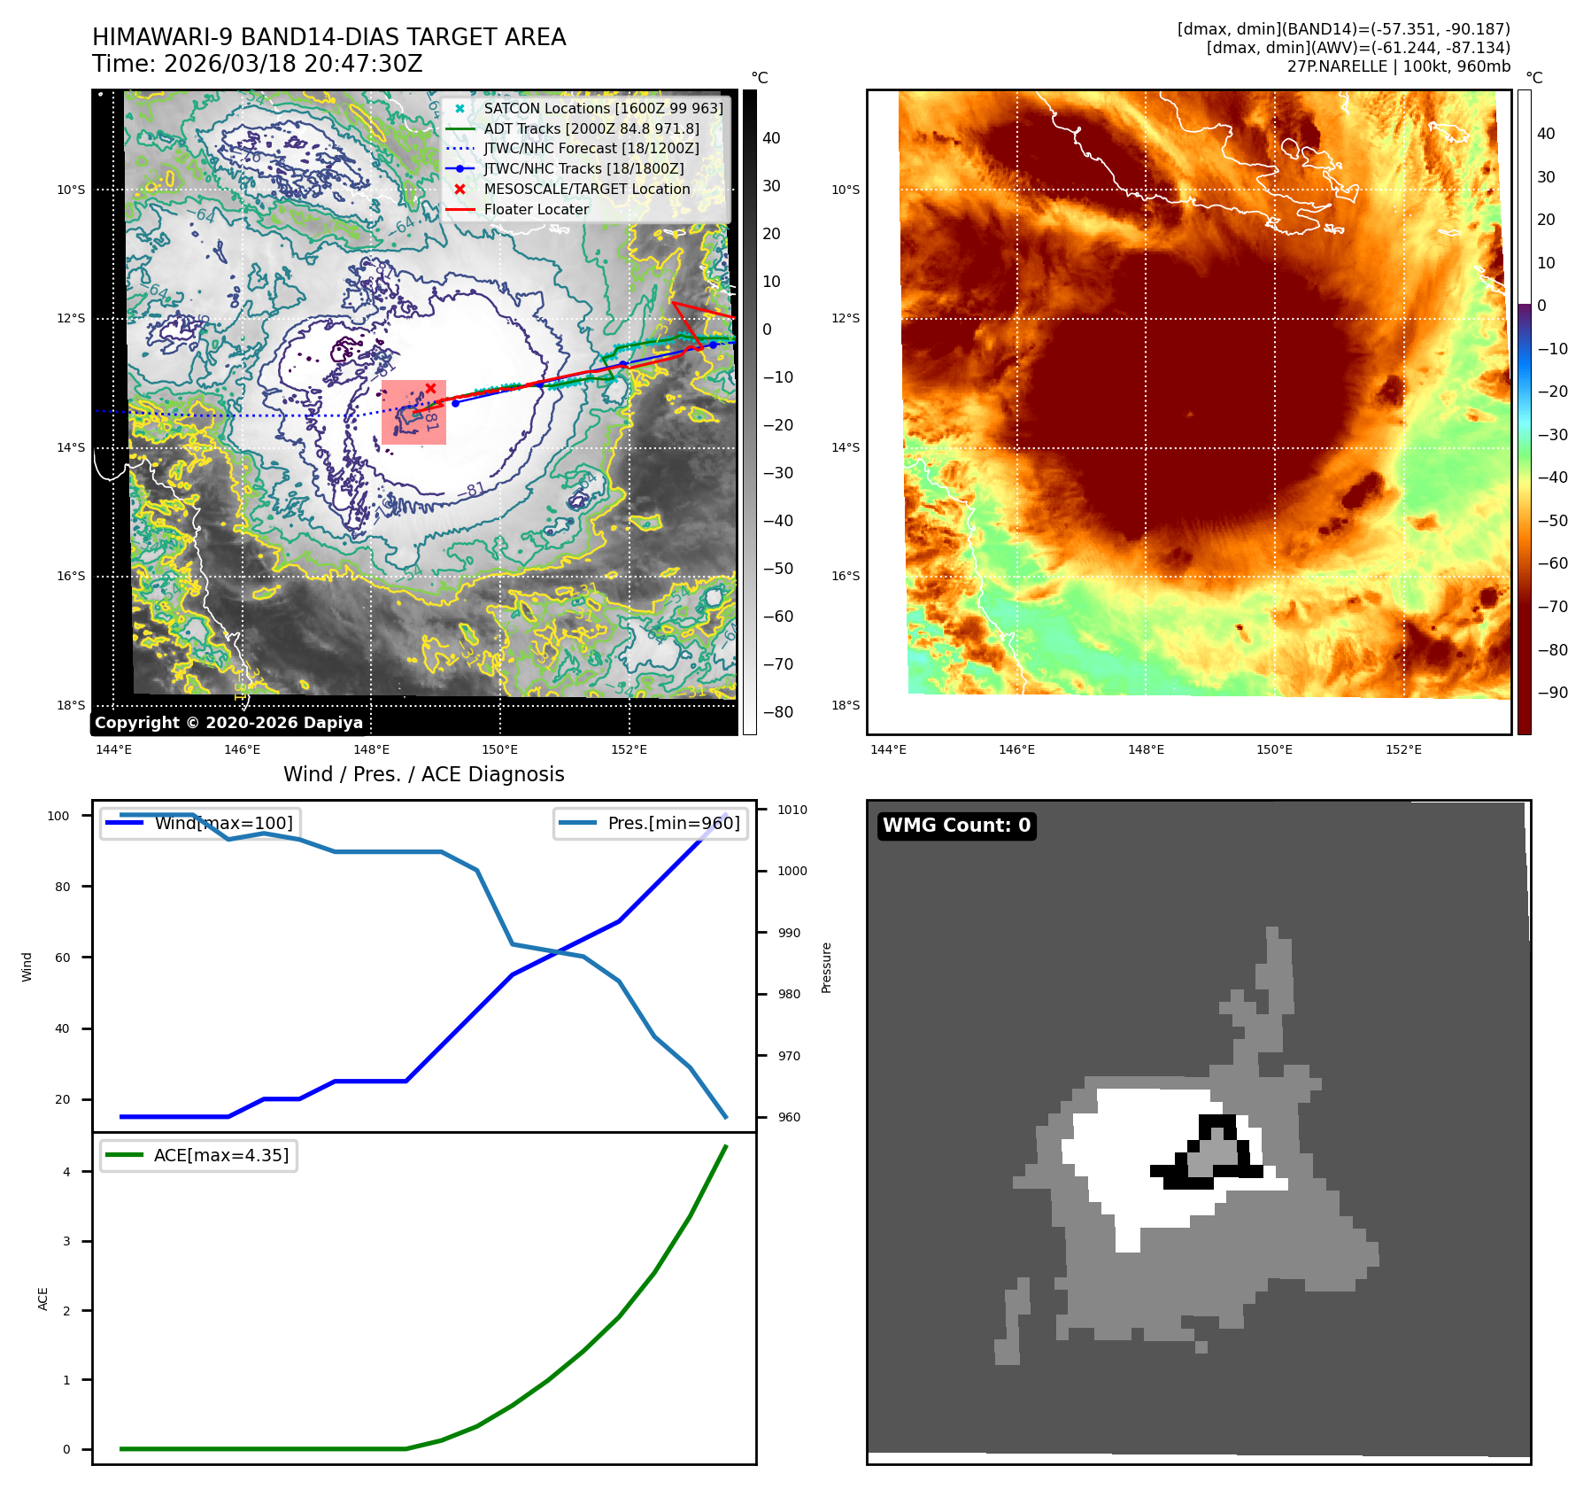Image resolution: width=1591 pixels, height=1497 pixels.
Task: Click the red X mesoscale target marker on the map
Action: point(430,388)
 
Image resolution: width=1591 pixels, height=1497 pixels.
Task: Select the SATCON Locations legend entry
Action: point(602,108)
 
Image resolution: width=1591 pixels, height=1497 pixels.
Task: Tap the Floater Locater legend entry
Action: point(536,209)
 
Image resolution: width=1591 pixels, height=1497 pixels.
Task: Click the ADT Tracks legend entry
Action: point(591,128)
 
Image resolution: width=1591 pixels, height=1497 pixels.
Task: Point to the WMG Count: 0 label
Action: point(956,826)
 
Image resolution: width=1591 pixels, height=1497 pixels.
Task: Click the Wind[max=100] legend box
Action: point(198,823)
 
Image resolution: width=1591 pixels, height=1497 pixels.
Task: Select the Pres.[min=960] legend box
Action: point(651,823)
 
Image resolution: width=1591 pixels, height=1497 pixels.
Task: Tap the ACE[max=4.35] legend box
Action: point(198,1155)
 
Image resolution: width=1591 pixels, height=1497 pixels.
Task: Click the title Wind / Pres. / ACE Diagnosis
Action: point(423,774)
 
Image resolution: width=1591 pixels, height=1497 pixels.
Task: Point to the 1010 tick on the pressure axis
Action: point(792,810)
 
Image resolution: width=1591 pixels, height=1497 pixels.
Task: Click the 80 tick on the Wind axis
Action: point(62,887)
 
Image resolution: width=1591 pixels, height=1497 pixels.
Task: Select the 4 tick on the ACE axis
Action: point(66,1172)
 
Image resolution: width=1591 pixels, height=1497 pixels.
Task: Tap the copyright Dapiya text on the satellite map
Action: point(228,723)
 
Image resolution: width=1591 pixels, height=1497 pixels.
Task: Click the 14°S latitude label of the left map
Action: point(71,447)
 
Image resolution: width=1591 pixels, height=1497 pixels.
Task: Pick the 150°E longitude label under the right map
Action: point(1274,749)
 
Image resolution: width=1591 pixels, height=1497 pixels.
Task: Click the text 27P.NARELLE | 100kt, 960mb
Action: point(1398,66)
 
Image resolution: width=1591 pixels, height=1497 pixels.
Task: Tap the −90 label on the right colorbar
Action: point(1553,693)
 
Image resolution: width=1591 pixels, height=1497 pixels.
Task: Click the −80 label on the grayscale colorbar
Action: point(778,712)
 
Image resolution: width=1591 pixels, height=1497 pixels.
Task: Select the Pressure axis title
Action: point(826,967)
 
